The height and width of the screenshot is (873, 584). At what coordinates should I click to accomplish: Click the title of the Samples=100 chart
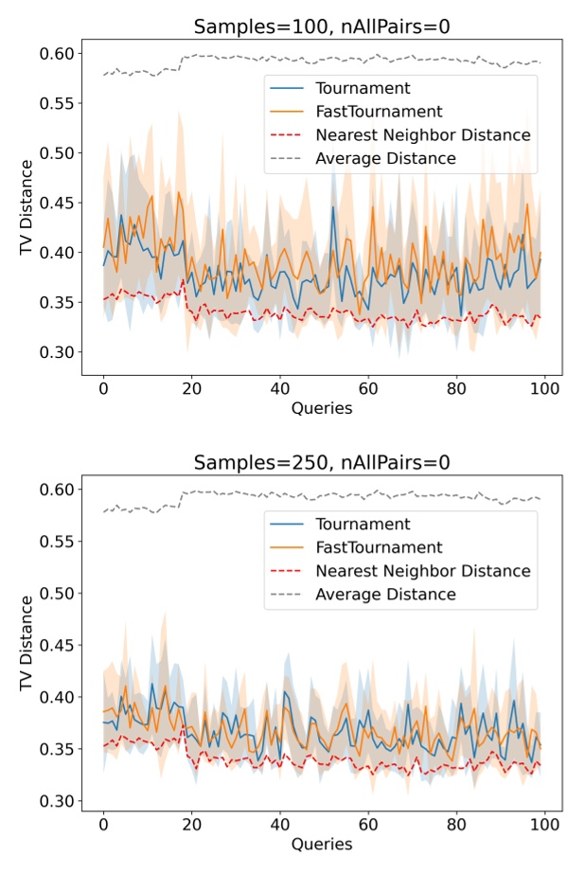(x=321, y=26)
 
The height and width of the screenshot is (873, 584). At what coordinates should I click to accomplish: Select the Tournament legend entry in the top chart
(x=363, y=88)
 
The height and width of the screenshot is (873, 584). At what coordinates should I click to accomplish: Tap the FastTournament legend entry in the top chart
(x=379, y=112)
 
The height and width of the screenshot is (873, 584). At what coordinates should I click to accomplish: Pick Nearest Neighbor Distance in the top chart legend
(x=422, y=135)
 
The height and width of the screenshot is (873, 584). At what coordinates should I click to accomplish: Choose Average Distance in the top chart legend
(x=385, y=158)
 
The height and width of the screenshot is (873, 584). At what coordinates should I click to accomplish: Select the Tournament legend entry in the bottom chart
(x=363, y=525)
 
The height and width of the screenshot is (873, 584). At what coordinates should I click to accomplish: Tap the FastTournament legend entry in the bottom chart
(x=379, y=547)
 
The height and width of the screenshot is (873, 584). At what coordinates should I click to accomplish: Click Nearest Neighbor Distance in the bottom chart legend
(x=422, y=571)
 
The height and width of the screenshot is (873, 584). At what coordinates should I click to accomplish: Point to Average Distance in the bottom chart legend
(x=385, y=595)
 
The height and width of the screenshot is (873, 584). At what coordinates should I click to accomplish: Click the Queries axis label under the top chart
(x=321, y=409)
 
